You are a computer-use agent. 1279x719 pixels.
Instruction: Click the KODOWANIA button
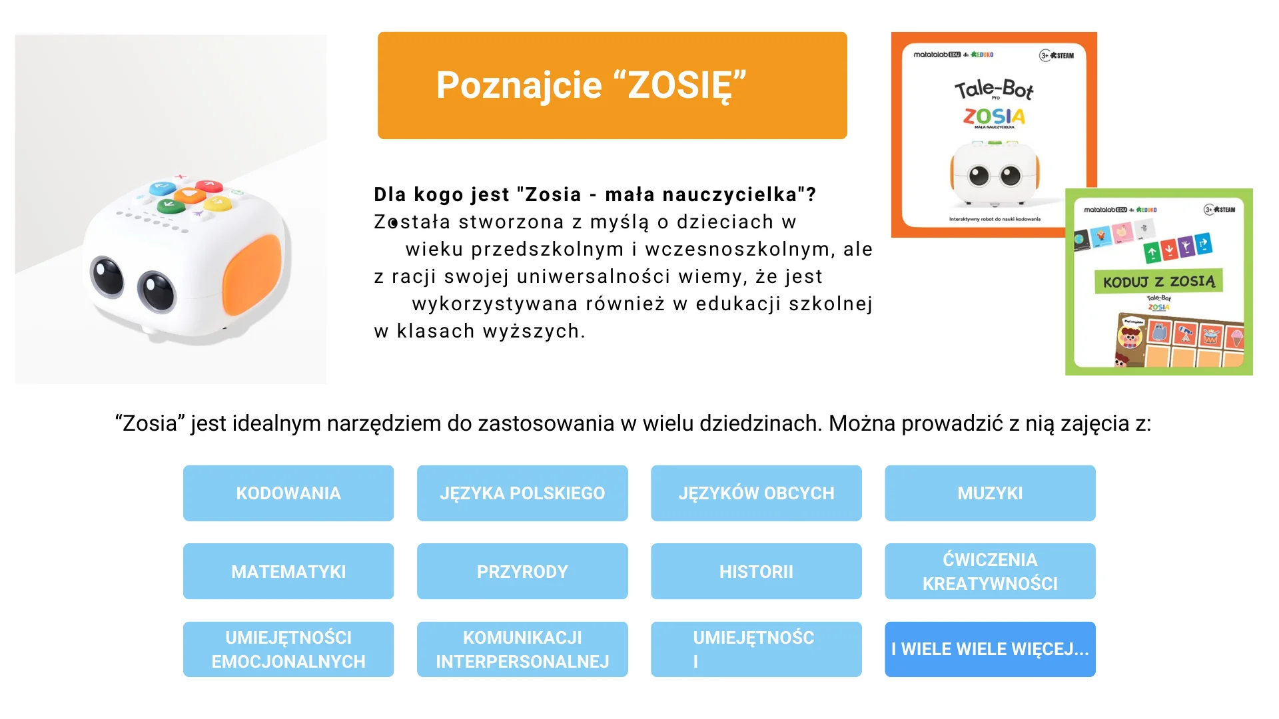(288, 493)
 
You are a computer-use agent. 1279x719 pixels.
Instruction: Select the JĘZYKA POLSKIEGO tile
(522, 493)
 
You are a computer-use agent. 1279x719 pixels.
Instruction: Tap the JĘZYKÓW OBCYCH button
(756, 493)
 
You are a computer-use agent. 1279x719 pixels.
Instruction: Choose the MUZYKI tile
(990, 493)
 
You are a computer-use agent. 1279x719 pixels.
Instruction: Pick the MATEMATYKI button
(288, 571)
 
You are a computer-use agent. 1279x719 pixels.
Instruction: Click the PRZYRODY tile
(522, 571)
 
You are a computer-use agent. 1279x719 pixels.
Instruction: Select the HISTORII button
(756, 571)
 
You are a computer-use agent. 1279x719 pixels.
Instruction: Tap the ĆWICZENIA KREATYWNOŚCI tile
(990, 571)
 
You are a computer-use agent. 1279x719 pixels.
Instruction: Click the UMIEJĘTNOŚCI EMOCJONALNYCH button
(288, 649)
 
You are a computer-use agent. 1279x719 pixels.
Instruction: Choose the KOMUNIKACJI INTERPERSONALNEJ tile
(522, 649)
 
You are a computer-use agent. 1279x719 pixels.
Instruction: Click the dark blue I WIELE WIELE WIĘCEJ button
(990, 649)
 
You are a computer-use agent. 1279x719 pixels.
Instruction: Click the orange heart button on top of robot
(190, 195)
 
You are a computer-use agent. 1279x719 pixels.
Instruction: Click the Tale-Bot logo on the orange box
(993, 89)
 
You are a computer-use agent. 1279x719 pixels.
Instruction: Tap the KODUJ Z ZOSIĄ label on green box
(1158, 282)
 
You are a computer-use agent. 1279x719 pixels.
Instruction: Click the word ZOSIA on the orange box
(993, 117)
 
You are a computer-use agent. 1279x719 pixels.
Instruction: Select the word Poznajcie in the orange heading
(519, 85)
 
